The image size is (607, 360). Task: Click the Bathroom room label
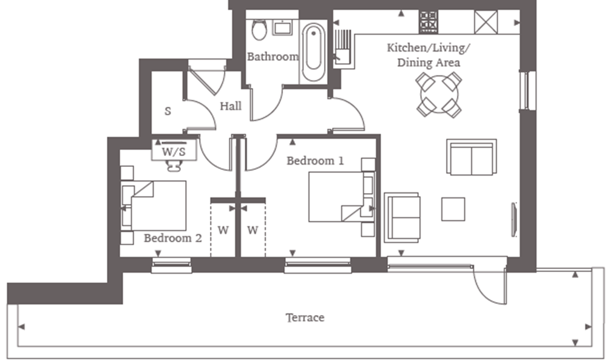pos(273,56)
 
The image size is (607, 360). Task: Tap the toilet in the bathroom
pos(259,29)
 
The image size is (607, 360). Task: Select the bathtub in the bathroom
pos(313,52)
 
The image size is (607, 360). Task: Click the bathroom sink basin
pos(282,28)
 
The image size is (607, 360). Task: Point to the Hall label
pos(231,106)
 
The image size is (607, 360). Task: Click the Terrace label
pos(305,318)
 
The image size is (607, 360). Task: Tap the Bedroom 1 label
pos(315,160)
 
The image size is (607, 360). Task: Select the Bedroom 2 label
pos(173,238)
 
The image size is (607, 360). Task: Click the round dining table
pos(439,95)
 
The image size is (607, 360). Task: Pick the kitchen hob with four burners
pos(428,22)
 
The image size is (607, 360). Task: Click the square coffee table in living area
pos(453,209)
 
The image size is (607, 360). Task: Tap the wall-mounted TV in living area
pos(514,219)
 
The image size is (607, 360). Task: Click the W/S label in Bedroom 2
pos(174,151)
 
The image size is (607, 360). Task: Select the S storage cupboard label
pos(168,111)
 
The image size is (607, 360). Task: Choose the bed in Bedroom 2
pos(154,206)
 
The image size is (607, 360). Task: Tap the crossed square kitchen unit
pos(486,22)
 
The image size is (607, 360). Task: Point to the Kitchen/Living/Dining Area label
pos(429,55)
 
